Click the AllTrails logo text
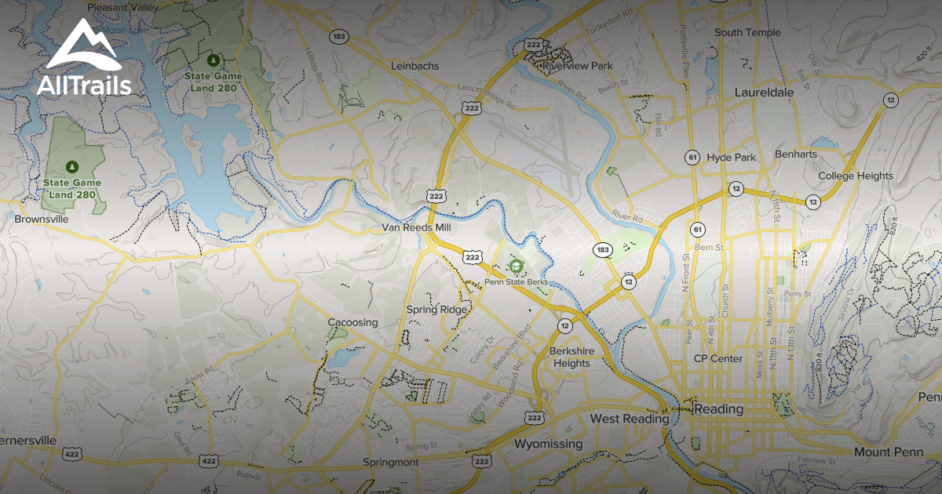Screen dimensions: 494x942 (x=84, y=85)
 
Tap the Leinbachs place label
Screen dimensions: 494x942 (x=415, y=66)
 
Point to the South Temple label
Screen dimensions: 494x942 (x=747, y=32)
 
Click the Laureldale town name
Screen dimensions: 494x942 (x=764, y=92)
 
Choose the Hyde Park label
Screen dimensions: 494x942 (x=731, y=157)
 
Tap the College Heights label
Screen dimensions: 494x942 (x=855, y=176)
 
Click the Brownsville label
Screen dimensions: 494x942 (x=42, y=220)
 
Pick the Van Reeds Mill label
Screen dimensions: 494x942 (x=416, y=227)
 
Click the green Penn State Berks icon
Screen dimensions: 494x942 (x=516, y=267)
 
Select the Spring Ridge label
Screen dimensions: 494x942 (x=436, y=309)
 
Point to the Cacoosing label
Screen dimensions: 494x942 (x=352, y=322)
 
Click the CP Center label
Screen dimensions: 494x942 (x=717, y=358)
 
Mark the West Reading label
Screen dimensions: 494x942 (x=630, y=419)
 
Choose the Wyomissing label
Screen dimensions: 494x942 (x=548, y=444)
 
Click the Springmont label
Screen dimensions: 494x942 (x=390, y=463)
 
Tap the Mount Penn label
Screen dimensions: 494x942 (x=883, y=452)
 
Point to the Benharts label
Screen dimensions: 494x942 (x=796, y=154)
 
